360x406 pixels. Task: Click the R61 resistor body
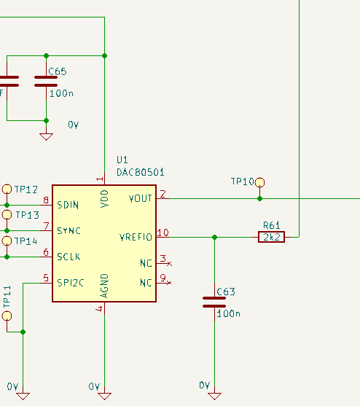271,236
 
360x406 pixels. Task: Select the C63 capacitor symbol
214,302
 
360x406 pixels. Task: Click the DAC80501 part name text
141,173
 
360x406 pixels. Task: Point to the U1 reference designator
122,160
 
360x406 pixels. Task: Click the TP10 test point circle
260,182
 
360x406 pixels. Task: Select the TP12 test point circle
7,189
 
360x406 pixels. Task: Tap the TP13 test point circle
7,215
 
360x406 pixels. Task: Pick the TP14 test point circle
7,241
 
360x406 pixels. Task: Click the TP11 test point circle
7,316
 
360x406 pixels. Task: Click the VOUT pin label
140,198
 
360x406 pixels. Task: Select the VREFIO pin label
136,237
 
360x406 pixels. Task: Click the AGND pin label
105,286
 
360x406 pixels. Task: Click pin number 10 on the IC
163,233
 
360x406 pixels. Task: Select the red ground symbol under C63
214,396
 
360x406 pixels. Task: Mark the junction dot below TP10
260,198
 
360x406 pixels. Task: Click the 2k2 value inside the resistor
271,236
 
